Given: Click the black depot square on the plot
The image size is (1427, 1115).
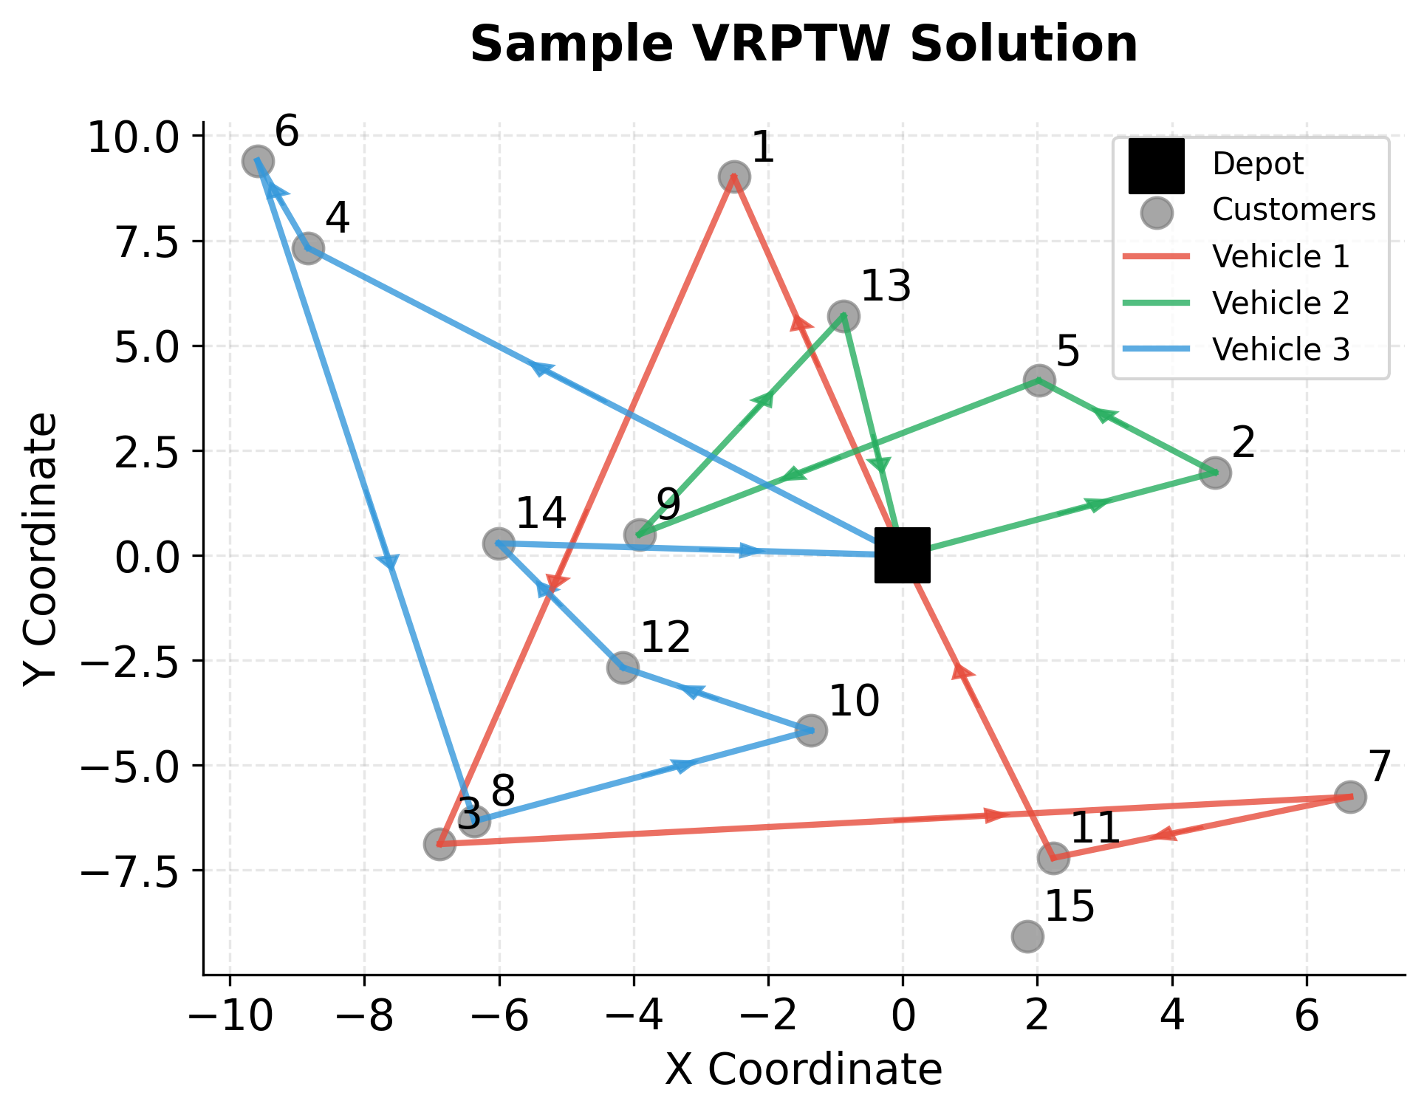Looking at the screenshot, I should (x=902, y=555).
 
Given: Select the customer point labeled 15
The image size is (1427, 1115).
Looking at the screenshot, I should (x=1027, y=936).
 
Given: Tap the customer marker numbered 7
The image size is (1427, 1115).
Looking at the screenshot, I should (x=1350, y=797).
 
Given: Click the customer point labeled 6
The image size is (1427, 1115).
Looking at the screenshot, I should (x=258, y=161).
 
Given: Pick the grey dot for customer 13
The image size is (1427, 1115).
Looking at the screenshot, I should (x=843, y=316).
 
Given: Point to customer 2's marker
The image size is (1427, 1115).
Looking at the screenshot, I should (x=1215, y=472).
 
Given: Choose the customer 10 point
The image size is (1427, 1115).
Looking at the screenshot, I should (x=810, y=730).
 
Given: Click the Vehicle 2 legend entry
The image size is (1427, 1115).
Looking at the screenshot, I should (x=1281, y=303).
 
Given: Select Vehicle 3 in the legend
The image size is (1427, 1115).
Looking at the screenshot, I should (x=1281, y=349).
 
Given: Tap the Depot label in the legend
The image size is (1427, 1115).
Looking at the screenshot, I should (x=1258, y=164).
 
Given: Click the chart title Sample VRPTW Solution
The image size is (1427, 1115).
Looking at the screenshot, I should (x=804, y=44).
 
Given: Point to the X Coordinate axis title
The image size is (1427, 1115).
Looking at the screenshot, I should (x=804, y=1070).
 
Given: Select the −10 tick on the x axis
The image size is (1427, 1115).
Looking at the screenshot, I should (x=230, y=1018).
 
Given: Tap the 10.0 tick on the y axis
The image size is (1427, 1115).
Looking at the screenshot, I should (x=133, y=137).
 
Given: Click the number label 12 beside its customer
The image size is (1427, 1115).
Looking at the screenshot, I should (x=665, y=637).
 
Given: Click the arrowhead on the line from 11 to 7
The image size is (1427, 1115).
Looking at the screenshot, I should (x=1164, y=834).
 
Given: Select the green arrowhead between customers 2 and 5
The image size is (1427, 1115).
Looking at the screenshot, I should (x=1104, y=416).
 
